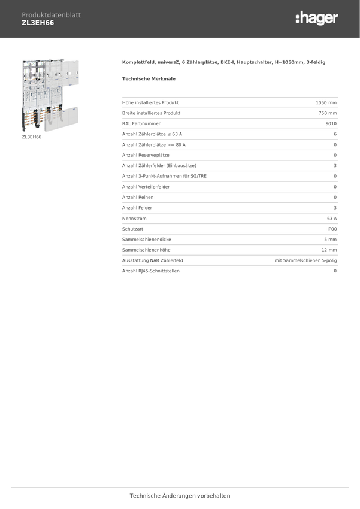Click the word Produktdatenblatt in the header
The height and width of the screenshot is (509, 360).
(51, 14)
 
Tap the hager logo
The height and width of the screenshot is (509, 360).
(316, 19)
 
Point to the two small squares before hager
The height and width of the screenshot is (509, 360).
(297, 19)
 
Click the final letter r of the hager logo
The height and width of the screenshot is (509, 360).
(335, 19)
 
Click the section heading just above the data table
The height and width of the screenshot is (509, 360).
(149, 78)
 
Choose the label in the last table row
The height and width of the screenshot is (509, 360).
(150, 271)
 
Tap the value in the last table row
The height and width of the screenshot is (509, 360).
(335, 271)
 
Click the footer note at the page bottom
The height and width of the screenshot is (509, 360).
(180, 496)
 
